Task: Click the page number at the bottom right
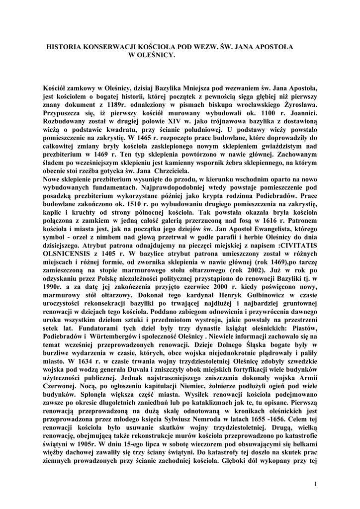[316, 484]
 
